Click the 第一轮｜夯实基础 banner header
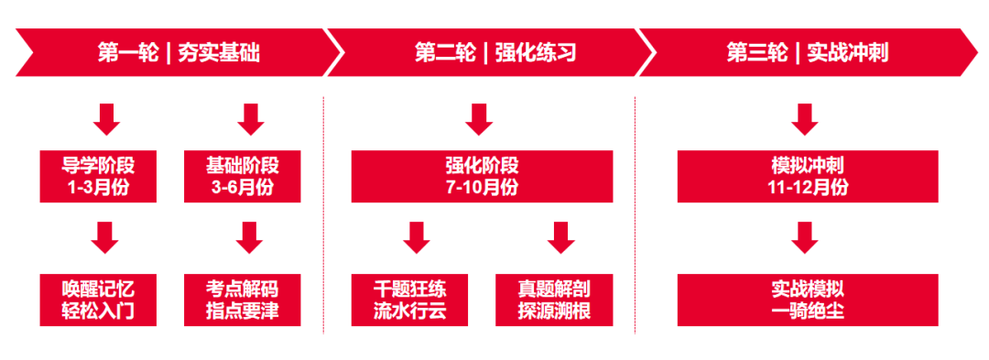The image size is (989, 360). pos(179,53)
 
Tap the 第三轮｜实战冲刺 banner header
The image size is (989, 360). pos(806,53)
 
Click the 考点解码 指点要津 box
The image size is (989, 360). pos(243,300)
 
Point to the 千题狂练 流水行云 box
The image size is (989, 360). pos(410,300)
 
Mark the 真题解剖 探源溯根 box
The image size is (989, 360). pos(555,300)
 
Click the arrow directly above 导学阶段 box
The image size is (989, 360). pos(107,119)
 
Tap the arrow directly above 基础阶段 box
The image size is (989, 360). pos(249,119)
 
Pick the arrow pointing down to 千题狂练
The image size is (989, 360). pos(417,237)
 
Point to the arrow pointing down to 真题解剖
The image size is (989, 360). pos(560,237)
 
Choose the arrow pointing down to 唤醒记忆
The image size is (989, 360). pos(107,237)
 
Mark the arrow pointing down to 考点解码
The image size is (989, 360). pos(249,237)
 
